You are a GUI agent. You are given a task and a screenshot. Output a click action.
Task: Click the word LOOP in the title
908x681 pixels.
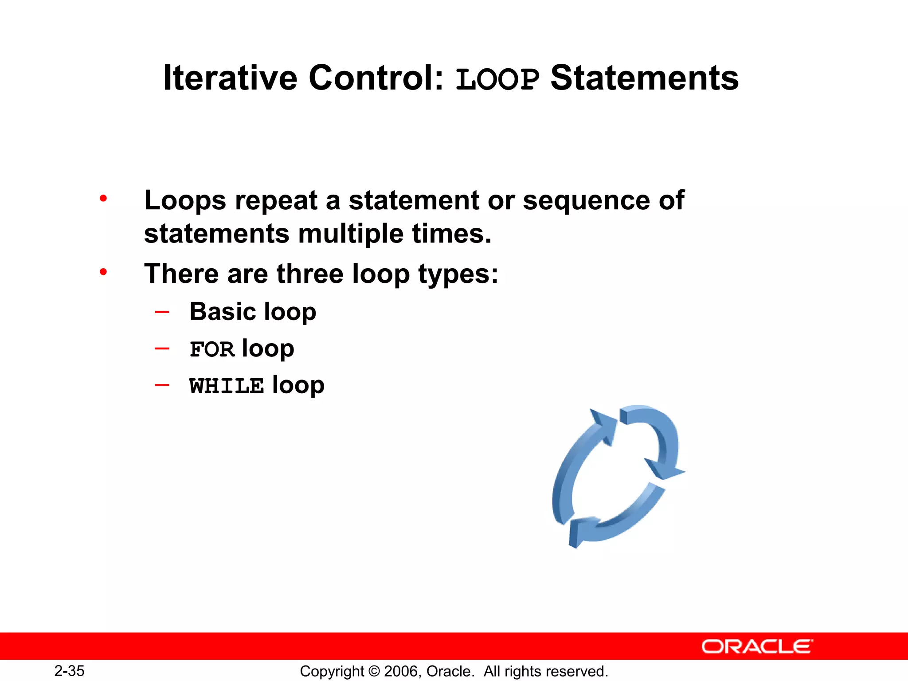point(497,79)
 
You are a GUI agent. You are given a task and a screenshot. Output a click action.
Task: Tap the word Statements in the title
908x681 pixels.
point(644,78)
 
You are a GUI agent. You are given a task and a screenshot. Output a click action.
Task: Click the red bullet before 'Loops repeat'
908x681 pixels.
point(103,199)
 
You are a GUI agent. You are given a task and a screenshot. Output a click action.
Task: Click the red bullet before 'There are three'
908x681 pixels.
point(103,272)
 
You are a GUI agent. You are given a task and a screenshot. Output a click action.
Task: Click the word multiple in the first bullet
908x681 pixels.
point(350,234)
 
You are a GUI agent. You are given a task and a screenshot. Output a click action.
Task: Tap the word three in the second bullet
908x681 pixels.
point(310,274)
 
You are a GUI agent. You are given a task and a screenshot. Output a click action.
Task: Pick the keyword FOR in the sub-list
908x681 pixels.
point(212,349)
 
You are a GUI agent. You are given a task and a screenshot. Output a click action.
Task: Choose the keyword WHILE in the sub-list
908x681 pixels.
point(226,386)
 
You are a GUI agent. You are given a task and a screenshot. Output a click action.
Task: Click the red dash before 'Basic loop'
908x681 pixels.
point(162,312)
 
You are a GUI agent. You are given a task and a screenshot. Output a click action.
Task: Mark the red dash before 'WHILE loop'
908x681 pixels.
point(162,385)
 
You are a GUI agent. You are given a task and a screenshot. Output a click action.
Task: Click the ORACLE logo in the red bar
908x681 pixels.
point(757,646)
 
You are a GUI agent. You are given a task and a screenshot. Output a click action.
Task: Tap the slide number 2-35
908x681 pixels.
point(69,671)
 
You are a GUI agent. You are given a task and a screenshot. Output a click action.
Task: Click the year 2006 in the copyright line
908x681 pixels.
point(401,671)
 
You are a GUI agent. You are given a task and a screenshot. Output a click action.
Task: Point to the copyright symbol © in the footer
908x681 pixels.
point(375,671)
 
